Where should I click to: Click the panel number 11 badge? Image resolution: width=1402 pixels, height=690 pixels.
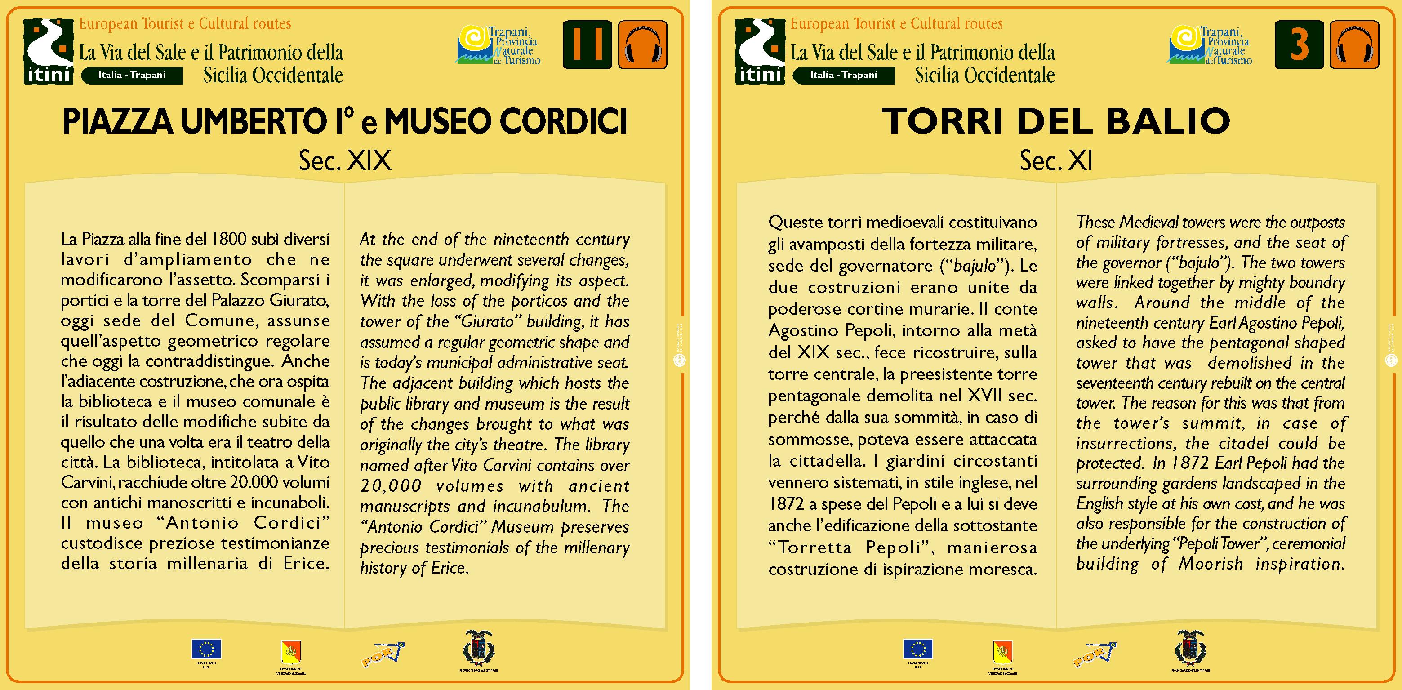click(x=587, y=45)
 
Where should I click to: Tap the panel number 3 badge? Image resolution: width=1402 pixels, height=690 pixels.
click(x=1299, y=45)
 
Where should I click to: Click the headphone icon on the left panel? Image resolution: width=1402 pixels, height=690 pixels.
click(x=643, y=45)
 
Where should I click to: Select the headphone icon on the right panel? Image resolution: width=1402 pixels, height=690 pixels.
click(x=1355, y=45)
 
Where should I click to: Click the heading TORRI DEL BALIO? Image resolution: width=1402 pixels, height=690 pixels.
click(x=1056, y=121)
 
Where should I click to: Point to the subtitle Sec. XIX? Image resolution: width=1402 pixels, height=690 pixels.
click(x=345, y=160)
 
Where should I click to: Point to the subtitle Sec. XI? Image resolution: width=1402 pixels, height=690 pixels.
click(x=1056, y=160)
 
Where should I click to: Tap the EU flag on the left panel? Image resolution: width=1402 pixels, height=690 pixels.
click(x=206, y=649)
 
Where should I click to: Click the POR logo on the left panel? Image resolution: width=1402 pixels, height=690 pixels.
click(x=383, y=654)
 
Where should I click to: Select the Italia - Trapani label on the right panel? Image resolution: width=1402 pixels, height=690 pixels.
click(x=843, y=75)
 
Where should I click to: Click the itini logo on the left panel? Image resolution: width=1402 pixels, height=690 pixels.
click(x=49, y=51)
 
